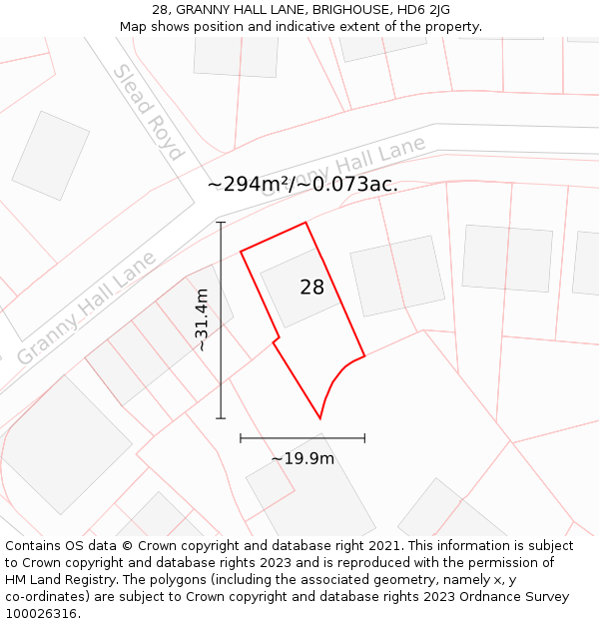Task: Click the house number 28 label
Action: (312, 288)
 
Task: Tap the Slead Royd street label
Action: (148, 112)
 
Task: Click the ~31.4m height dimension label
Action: (202, 319)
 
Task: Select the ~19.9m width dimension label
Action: (302, 458)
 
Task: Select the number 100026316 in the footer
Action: (43, 613)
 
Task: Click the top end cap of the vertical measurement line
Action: (221, 222)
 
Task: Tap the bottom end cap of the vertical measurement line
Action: (221, 418)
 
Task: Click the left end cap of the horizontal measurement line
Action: (241, 437)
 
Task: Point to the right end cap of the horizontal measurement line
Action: (364, 437)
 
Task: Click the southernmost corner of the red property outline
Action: (319, 418)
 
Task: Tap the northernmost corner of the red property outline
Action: (305, 223)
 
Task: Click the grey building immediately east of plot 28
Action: (396, 277)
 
